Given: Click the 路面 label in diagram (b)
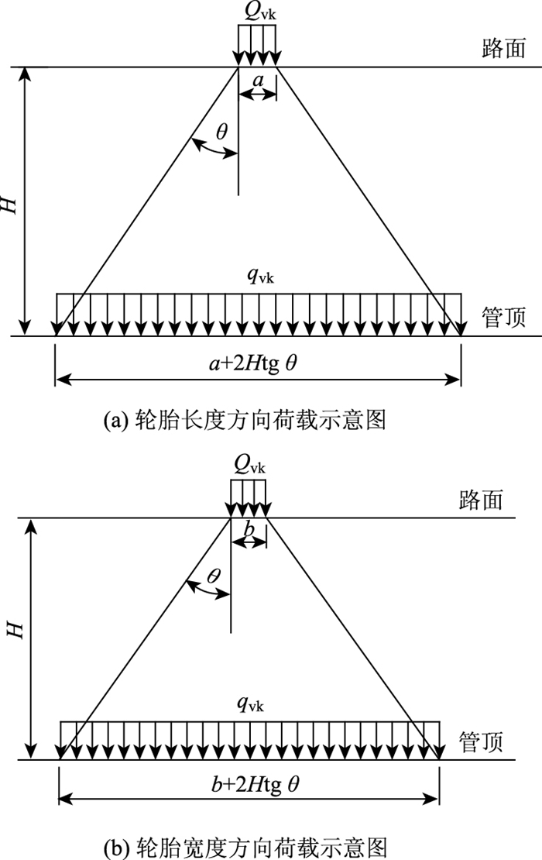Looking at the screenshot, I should pos(481,499).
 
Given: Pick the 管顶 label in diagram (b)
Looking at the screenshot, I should pos(481,742).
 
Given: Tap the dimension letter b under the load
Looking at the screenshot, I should pos(249,529).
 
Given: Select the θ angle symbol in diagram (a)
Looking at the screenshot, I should pos(222,132).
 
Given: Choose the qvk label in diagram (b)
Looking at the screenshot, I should pos(251,706).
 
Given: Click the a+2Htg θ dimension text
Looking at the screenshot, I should pos(257,362).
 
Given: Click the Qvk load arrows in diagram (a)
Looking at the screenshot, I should pos(257,46).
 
